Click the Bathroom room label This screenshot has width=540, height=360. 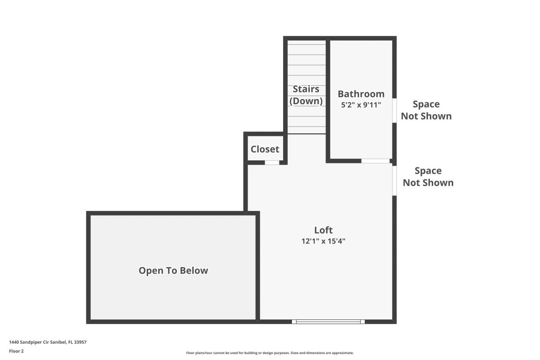361,94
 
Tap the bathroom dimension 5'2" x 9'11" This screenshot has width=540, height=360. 361,105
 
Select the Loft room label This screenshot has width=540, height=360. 323,230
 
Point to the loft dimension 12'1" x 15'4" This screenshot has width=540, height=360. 323,241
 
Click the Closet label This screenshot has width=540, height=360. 265,149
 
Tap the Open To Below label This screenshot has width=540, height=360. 173,271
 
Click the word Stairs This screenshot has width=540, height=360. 306,89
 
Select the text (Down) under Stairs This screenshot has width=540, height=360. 306,101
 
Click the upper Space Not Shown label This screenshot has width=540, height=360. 426,110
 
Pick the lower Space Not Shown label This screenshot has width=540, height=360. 428,176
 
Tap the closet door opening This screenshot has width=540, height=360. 272,162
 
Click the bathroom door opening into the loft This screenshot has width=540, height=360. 375,161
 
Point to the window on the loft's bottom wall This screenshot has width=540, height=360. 328,322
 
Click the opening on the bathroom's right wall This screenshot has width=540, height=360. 394,111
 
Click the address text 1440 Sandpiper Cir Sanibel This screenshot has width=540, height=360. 38,342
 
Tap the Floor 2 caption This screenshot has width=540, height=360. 16,351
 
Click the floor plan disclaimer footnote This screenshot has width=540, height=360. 270,353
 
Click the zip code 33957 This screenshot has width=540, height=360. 81,342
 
